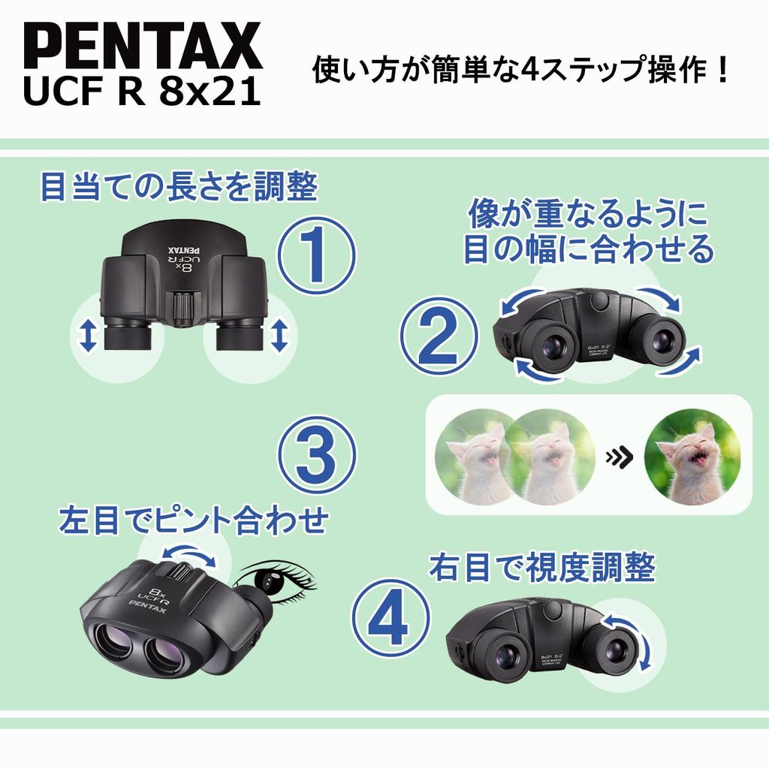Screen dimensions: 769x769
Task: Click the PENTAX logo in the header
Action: coord(143,47)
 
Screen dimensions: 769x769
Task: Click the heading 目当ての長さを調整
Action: coord(178,188)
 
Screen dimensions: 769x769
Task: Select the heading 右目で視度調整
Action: coord(541,568)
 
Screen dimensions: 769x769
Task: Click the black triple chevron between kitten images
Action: coord(618,456)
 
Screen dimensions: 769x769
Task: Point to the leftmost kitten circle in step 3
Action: coord(475,457)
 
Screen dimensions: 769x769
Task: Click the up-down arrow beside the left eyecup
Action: coord(88,335)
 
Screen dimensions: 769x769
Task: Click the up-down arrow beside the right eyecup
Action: coord(279,335)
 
